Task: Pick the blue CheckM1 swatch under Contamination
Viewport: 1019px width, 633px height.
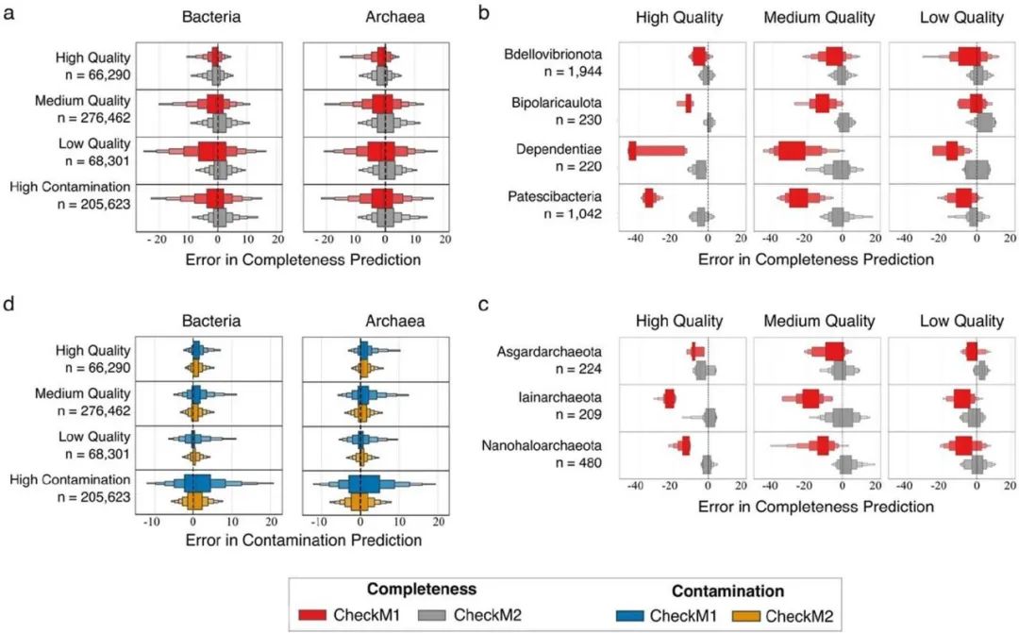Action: [x=621, y=616]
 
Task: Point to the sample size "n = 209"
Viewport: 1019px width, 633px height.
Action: [x=584, y=413]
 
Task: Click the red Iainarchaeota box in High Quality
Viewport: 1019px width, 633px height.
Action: [x=670, y=398]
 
